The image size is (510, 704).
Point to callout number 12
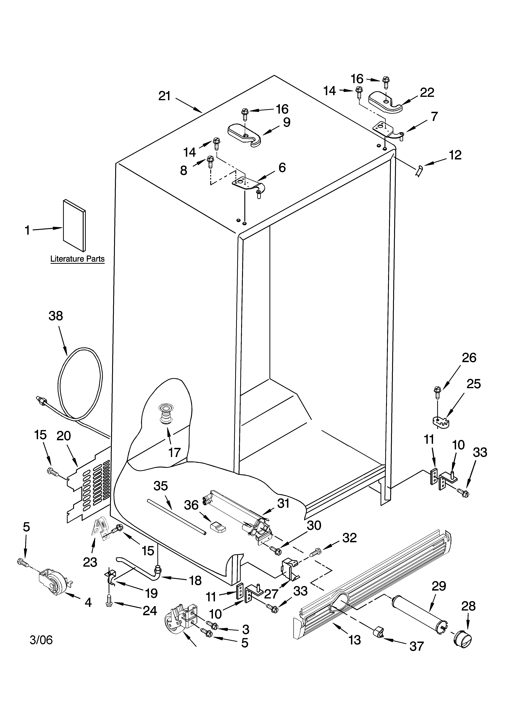tap(455, 155)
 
